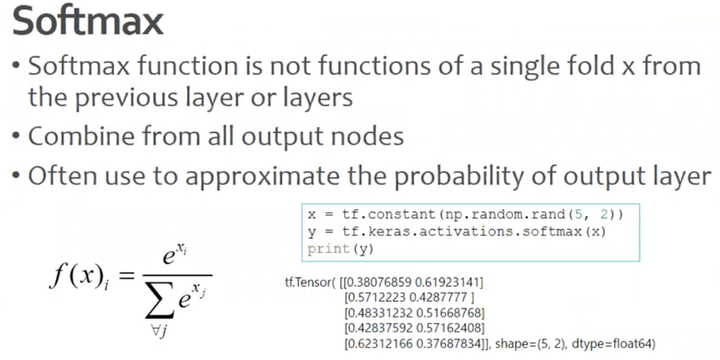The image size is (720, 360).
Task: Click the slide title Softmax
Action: point(87,22)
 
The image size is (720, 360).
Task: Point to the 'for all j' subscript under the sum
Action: point(160,333)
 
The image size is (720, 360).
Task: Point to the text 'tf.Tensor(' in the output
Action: point(310,281)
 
